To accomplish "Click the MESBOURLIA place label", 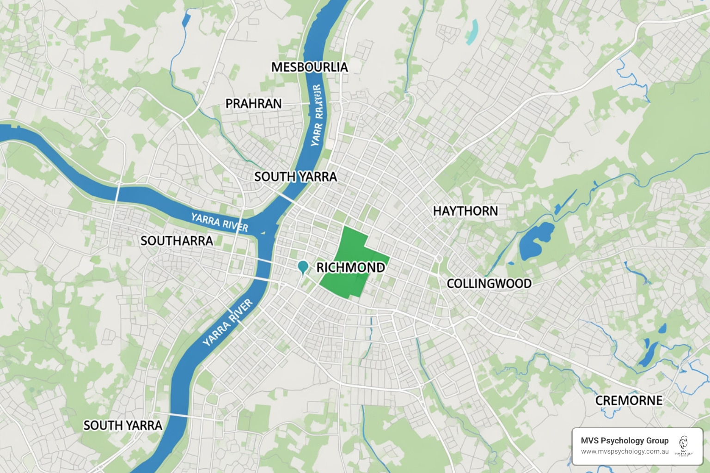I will (x=309, y=67).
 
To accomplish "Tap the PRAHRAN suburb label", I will (x=253, y=103).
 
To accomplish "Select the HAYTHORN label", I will (x=465, y=211).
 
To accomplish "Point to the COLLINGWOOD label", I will (x=489, y=283).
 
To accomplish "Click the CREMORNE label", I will (x=629, y=400).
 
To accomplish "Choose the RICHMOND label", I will (x=350, y=267).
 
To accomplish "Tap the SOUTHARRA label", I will (x=177, y=241).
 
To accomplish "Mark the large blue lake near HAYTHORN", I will (x=535, y=240).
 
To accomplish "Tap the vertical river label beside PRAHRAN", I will (x=317, y=115).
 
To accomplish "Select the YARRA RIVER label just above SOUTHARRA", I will (x=220, y=222).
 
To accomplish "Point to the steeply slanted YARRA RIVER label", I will (x=228, y=322).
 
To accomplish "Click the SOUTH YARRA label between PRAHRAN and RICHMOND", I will (x=295, y=177).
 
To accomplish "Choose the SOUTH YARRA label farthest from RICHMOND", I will (x=122, y=425).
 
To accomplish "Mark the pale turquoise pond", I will (x=472, y=31).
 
